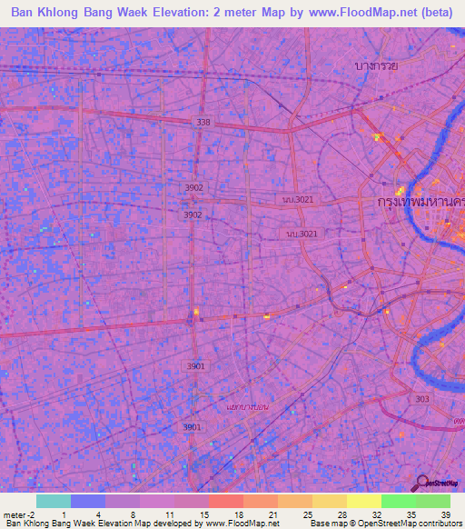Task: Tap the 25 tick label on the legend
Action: [309, 514]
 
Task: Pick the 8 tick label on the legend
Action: [133, 514]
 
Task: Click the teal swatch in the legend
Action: [53, 501]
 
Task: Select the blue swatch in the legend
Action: [87, 501]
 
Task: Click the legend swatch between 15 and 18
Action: [225, 501]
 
